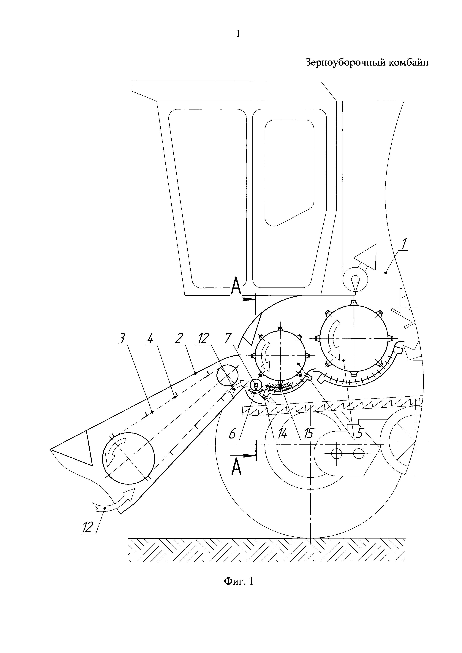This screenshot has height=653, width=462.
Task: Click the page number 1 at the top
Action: (238, 34)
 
